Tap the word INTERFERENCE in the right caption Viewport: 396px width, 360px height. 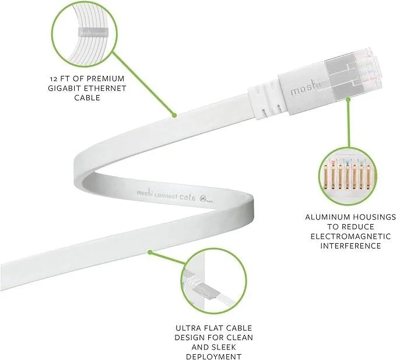tap(350, 246)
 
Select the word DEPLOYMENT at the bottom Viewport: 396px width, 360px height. tap(206, 356)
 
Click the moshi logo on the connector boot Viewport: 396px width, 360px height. tap(303, 90)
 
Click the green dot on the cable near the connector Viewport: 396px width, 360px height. tap(173, 116)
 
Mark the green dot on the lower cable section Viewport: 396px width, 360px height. tap(150, 252)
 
